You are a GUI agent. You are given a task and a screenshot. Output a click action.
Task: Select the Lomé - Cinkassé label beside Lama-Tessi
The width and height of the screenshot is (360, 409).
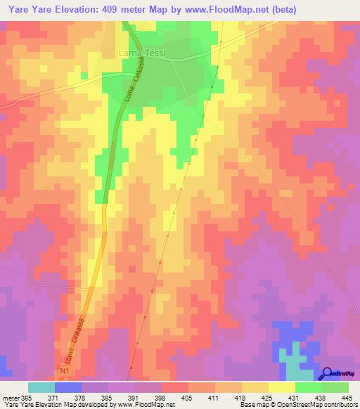pyautogui.click(x=133, y=89)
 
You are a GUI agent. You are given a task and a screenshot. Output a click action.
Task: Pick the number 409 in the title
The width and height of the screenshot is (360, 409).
pyautogui.click(x=124, y=10)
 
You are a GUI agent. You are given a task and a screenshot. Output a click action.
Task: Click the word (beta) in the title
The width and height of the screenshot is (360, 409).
pyautogui.click(x=279, y=10)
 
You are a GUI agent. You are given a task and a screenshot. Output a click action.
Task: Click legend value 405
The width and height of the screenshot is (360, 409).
pyautogui.click(x=188, y=398)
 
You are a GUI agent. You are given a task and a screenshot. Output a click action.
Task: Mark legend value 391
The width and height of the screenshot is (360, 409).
pyautogui.click(x=134, y=398)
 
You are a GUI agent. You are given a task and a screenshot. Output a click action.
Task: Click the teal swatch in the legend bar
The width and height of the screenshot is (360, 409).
pyautogui.click(x=41, y=387)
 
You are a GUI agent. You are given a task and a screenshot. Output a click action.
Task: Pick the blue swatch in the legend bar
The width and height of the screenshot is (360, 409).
pyautogui.click(x=68, y=387)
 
